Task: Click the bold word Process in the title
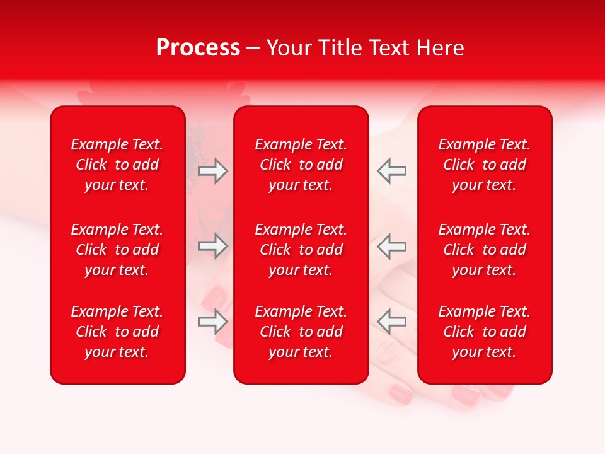198,48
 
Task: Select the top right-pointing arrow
213,171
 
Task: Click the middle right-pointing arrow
213,246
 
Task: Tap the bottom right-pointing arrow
213,322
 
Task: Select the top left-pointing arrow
391,171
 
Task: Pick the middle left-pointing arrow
391,246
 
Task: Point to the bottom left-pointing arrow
391,322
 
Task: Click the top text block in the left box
117,165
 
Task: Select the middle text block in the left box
117,250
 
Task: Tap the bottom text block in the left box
117,332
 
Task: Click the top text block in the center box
301,165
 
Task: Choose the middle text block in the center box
301,250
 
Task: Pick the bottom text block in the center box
301,332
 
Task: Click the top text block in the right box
484,165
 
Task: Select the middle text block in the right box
484,250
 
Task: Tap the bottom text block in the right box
484,332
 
